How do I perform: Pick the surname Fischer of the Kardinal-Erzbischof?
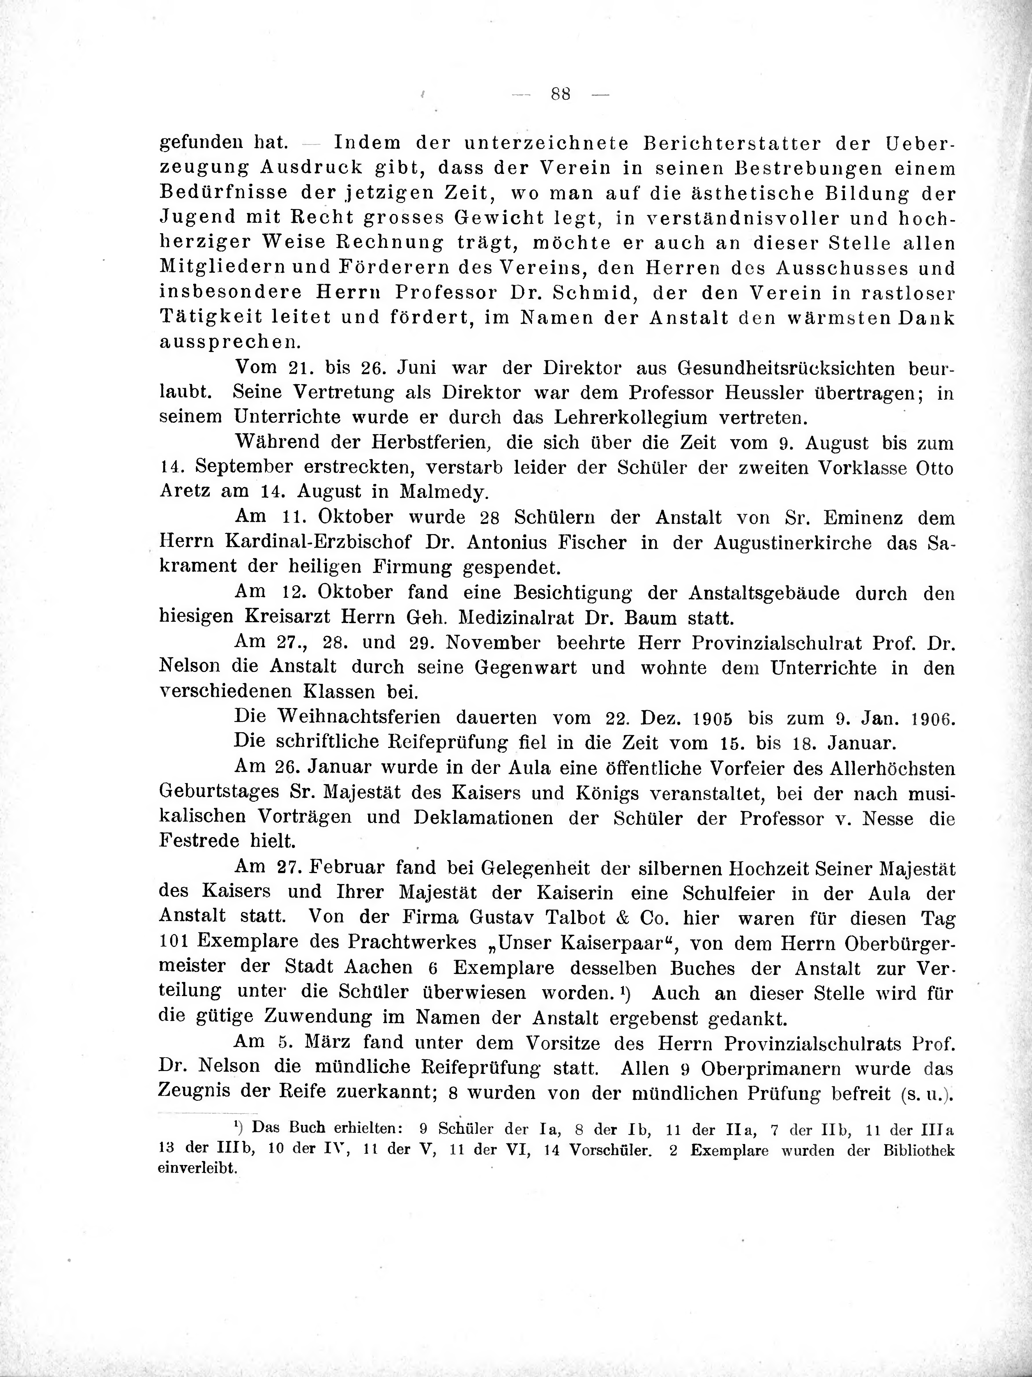coord(587,543)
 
